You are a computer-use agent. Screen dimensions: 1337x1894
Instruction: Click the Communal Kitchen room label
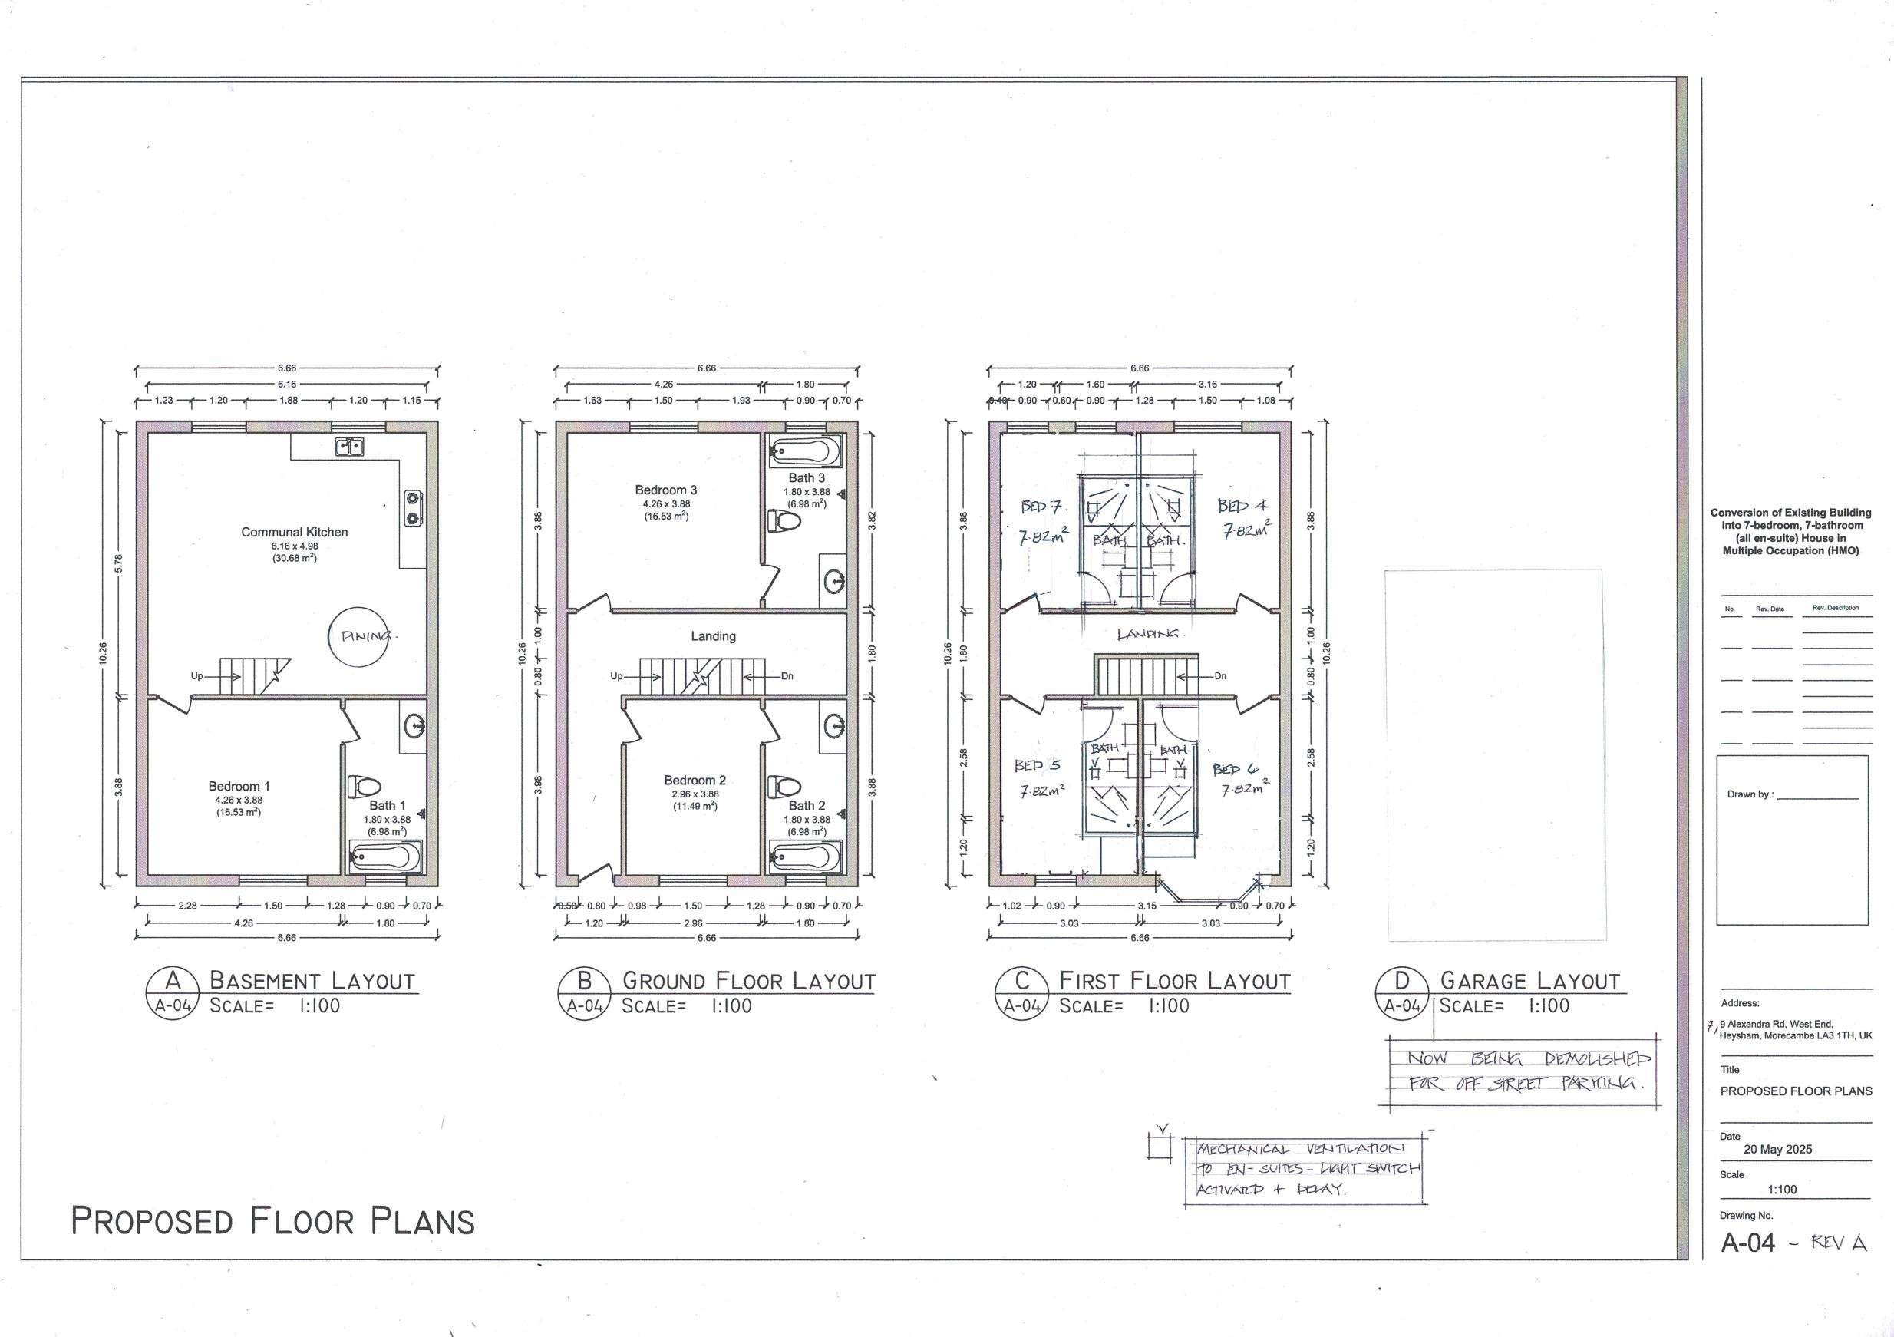click(295, 532)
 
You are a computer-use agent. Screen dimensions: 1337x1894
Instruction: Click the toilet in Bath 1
click(361, 784)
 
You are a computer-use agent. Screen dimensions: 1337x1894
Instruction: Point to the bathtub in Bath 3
click(805, 451)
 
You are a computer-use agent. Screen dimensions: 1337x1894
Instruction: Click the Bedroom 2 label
click(695, 781)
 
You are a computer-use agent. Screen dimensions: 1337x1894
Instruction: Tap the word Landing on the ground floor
click(713, 636)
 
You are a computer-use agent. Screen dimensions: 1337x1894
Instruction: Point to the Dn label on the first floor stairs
click(1220, 675)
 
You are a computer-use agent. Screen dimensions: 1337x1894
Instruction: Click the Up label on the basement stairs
click(197, 675)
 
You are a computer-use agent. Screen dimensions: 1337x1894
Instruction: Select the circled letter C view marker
click(1021, 981)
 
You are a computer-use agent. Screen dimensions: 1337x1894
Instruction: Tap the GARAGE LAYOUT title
click(1530, 981)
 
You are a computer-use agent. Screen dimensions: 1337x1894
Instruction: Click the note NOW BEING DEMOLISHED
click(1529, 1059)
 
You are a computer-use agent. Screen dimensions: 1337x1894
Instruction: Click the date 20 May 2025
click(1777, 1149)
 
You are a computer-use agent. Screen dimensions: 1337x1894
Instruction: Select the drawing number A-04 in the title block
click(1748, 1242)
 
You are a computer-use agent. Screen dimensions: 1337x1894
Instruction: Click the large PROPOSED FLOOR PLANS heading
click(272, 1220)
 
